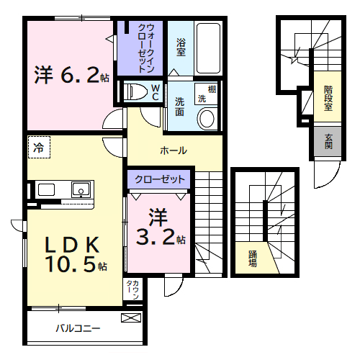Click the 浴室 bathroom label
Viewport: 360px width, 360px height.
point(181,47)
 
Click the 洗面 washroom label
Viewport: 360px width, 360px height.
point(179,107)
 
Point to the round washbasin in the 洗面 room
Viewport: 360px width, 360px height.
point(207,118)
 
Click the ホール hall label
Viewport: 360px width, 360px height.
point(174,150)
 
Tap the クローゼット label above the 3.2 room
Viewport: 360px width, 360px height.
point(159,179)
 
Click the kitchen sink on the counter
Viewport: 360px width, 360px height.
point(81,190)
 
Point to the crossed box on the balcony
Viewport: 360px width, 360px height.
point(131,318)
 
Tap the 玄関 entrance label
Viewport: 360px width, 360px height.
point(328,141)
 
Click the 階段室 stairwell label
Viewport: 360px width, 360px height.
point(328,99)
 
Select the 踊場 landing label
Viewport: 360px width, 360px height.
point(253,258)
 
